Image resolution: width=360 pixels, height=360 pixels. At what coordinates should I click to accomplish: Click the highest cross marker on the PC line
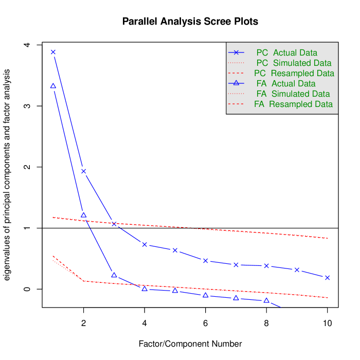click(x=53, y=52)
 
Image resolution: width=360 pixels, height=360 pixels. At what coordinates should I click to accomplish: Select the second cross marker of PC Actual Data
click(x=83, y=171)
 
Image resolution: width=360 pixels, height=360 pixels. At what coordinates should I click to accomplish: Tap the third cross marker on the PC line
click(x=114, y=224)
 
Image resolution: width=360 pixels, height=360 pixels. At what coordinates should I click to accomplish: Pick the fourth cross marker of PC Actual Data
click(x=145, y=244)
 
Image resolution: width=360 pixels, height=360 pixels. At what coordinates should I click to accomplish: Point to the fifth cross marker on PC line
click(x=175, y=250)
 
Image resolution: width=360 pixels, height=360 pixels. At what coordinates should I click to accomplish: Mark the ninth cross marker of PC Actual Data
click(x=297, y=269)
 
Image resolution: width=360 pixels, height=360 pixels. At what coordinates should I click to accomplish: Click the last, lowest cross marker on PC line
click(x=327, y=278)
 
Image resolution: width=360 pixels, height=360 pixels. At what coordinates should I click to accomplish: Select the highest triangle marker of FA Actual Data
click(x=53, y=85)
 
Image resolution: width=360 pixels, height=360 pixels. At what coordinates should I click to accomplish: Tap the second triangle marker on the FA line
click(x=83, y=215)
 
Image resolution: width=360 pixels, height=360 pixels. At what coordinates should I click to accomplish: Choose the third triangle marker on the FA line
click(x=114, y=275)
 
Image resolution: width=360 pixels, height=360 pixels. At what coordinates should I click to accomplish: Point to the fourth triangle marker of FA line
click(x=145, y=289)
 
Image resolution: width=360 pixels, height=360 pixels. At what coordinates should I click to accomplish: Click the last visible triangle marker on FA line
click(x=266, y=300)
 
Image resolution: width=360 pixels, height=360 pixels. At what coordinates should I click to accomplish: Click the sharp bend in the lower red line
click(x=83, y=281)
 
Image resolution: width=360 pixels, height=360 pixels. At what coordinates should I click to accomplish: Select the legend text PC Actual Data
click(x=286, y=53)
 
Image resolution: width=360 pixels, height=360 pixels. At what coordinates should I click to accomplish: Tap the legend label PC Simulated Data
click(x=293, y=63)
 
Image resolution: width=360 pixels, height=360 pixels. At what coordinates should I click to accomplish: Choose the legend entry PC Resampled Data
click(x=294, y=74)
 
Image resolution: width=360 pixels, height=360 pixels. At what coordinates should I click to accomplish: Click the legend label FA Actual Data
click(x=285, y=84)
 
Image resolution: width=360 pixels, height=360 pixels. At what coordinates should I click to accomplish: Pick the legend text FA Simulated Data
click(x=293, y=94)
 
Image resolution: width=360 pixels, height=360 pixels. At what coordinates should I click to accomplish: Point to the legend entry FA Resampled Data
click(x=293, y=104)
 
